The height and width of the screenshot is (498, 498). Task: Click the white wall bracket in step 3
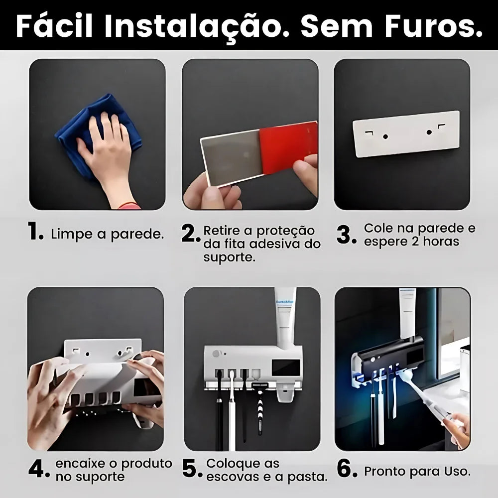pos(406,133)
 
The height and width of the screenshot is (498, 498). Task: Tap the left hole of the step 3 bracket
pos(385,135)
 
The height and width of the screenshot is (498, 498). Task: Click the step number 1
pos(36,233)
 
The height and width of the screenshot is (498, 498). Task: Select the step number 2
pos(191,234)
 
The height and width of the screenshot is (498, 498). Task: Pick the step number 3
pos(346,235)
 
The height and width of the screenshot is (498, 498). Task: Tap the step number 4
pos(39,469)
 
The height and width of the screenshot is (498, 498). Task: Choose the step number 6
pos(347,469)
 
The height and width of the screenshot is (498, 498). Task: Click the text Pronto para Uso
pos(417,471)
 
